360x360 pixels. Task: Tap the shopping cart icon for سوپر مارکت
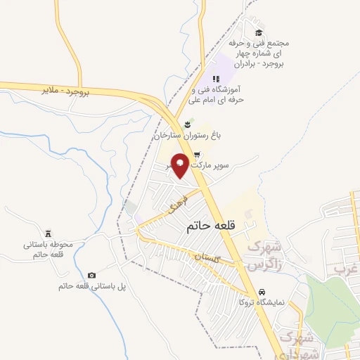tap(198, 155)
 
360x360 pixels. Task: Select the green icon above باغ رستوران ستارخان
tap(188, 124)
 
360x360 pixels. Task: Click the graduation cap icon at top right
tap(259, 32)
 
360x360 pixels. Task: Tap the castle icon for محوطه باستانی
tap(48, 233)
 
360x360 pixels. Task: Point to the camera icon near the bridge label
tap(91, 275)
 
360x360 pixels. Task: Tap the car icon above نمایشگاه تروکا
tap(261, 291)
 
